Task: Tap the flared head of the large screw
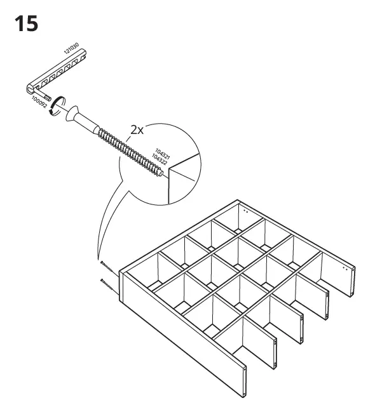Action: [x=75, y=117]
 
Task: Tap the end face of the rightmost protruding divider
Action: [x=349, y=280]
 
